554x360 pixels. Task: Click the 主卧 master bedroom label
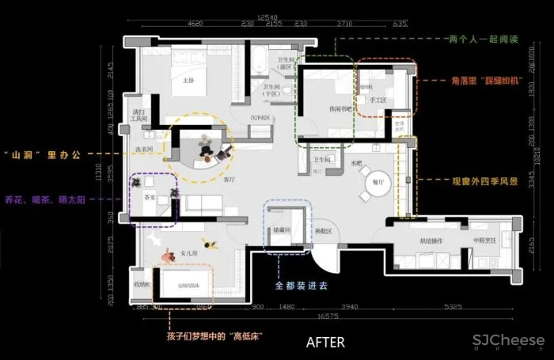[x=188, y=80]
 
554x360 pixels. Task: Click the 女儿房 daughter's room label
[x=188, y=253]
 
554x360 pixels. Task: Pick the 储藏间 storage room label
[x=284, y=230]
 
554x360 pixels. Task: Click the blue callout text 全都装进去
[x=301, y=285]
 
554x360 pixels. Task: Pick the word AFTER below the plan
[x=325, y=342]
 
